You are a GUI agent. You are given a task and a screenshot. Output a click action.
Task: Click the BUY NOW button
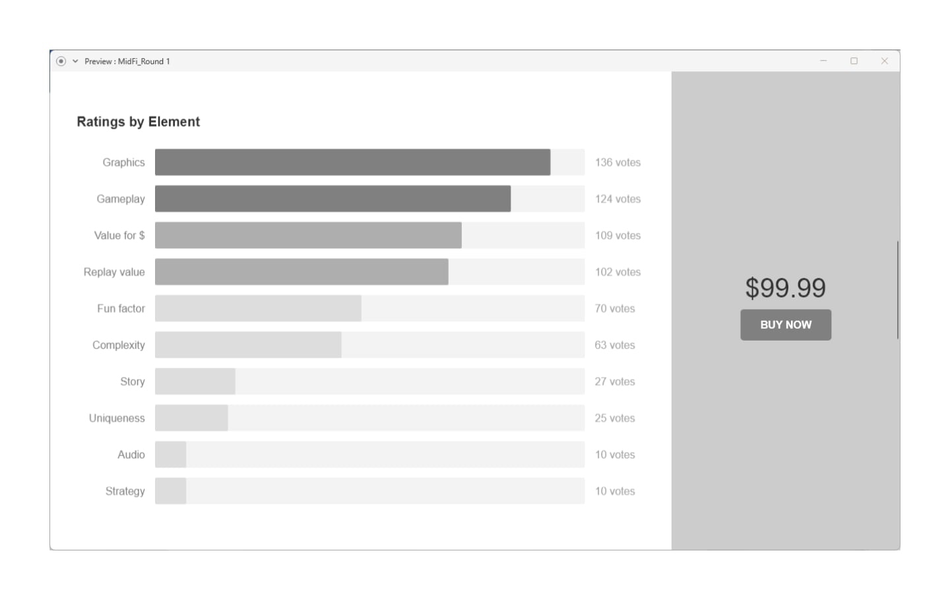[785, 325]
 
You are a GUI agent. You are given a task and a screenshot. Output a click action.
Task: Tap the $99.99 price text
[785, 288]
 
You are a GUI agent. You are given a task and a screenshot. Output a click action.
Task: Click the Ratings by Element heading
[138, 122]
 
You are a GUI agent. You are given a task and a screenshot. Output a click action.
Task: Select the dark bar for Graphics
[352, 162]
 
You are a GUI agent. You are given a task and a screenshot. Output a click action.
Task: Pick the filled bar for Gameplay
[332, 199]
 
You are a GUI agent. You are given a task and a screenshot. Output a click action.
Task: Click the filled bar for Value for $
[308, 236]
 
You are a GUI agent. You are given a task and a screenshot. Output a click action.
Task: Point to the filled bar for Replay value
[301, 272]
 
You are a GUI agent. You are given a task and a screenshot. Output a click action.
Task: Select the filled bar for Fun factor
[258, 308]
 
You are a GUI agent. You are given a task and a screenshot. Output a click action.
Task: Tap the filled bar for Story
[195, 382]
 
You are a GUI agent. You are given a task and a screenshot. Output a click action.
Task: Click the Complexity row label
[119, 345]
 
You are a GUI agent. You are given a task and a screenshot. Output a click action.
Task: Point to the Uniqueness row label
[117, 418]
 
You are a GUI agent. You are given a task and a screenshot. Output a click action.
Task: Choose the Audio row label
[131, 455]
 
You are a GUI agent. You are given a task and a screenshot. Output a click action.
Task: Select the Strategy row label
[125, 491]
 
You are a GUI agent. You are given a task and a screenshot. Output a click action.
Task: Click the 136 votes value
[617, 162]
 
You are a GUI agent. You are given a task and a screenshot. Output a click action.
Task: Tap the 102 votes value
[617, 272]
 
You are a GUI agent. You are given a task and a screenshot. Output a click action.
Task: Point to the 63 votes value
[614, 345]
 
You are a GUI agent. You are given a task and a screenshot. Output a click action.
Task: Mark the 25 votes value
[614, 418]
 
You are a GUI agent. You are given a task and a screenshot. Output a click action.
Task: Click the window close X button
[884, 61]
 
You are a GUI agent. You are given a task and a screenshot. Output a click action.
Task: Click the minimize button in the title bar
[823, 61]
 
